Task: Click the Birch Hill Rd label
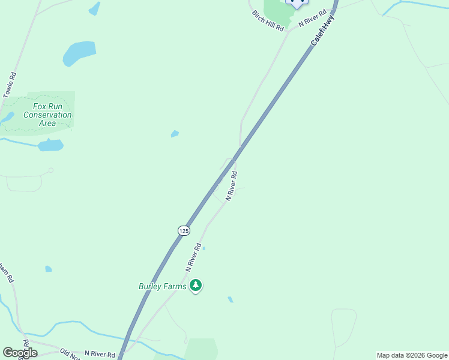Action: (267, 21)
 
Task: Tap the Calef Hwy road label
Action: (323, 31)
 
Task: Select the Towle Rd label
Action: (9, 85)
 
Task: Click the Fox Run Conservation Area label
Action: (47, 115)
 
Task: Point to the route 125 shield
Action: (184, 230)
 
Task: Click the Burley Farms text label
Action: (163, 286)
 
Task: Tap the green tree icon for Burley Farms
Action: (195, 286)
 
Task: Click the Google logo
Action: (20, 353)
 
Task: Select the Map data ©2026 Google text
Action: (412, 355)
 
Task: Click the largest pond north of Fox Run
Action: (79, 53)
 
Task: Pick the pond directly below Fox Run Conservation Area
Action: (50, 145)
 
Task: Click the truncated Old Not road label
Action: (69, 354)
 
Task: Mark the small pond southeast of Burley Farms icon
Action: (230, 299)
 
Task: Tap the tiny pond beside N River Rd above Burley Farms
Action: (204, 248)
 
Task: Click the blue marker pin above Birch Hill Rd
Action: (296, 2)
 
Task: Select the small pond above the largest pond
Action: (94, 8)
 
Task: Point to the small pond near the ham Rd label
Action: (48, 269)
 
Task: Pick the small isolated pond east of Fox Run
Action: (174, 134)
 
